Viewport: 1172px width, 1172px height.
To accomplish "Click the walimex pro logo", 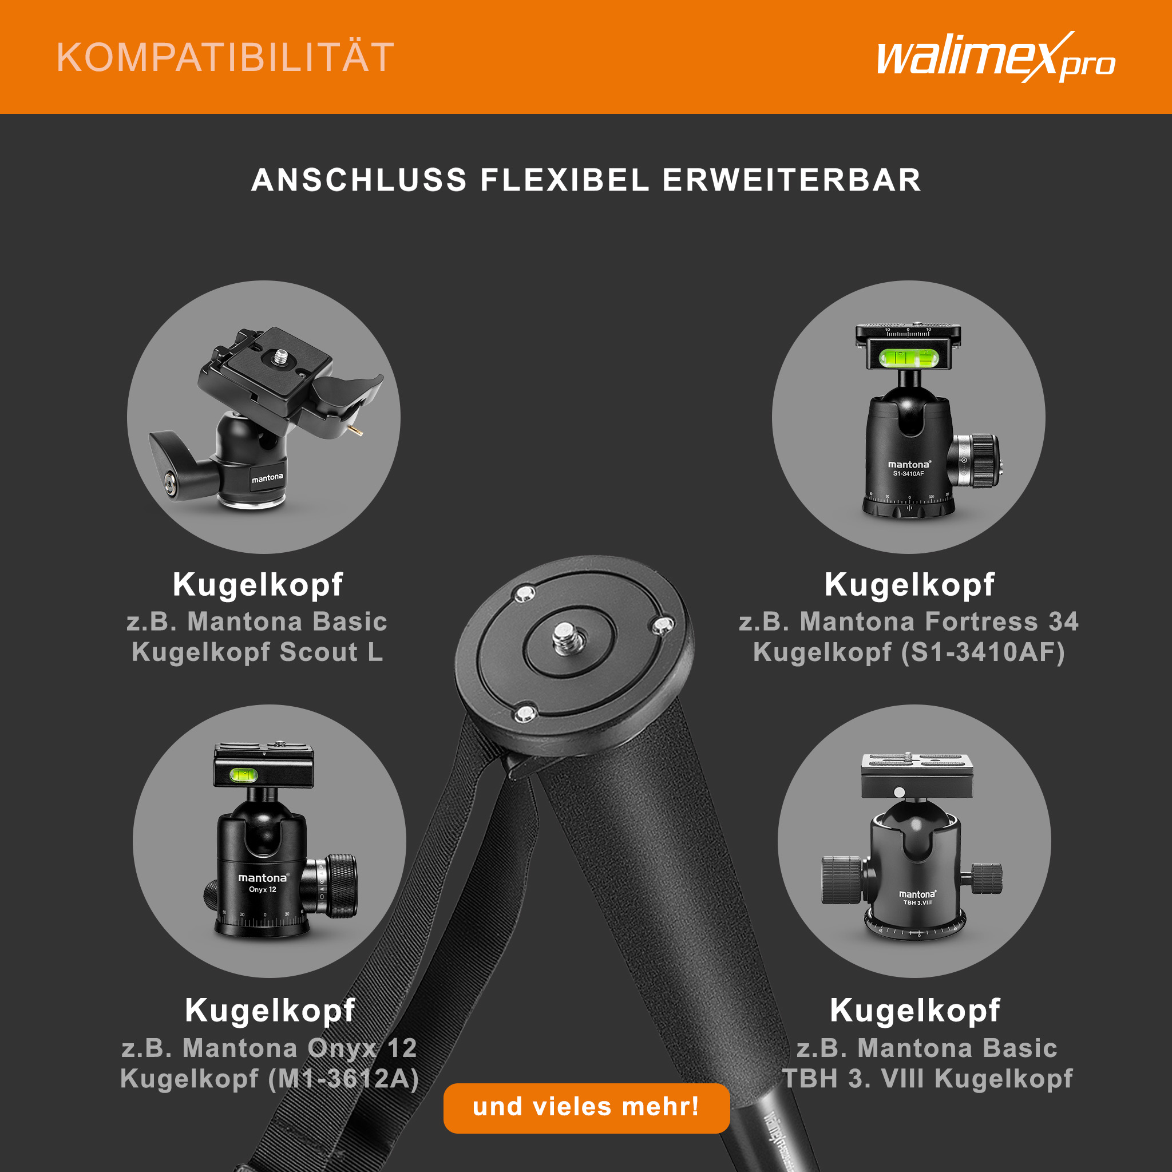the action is (996, 58).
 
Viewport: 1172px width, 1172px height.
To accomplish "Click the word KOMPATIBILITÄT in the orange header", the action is (225, 58).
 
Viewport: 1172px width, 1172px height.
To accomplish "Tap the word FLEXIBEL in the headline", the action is (565, 180).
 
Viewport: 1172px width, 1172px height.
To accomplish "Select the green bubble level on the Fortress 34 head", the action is (909, 358).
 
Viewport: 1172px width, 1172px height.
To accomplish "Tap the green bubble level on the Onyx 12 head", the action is (244, 775).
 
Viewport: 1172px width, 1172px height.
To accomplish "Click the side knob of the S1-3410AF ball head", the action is (977, 461).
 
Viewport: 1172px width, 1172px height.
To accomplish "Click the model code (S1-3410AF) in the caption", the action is (983, 653).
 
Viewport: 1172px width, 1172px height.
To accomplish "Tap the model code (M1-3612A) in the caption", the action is (343, 1079).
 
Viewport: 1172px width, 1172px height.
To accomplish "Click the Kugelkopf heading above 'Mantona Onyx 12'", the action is (270, 1011).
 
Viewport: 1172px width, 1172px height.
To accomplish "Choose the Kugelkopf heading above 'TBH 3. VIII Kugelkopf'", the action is (915, 1011).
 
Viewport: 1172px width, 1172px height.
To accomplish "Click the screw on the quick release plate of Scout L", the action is (280, 357).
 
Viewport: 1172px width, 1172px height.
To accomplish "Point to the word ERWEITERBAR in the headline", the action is (791, 180).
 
